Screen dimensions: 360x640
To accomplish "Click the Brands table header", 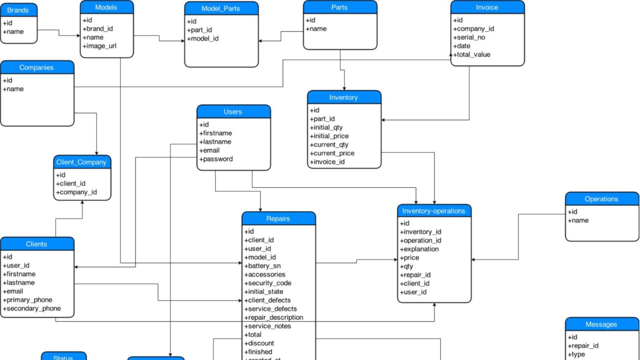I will click(18, 10).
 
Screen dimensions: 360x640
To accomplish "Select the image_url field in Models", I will click(101, 46).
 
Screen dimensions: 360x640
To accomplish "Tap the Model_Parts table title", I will click(221, 8).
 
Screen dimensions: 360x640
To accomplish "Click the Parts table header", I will click(339, 7).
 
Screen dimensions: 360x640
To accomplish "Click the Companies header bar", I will click(36, 67).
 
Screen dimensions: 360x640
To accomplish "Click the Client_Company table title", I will click(81, 162).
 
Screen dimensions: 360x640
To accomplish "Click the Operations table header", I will click(601, 199).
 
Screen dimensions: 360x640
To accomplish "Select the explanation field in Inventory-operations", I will click(419, 249).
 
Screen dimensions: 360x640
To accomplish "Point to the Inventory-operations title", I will click(433, 211).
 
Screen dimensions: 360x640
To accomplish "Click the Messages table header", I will click(601, 324).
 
